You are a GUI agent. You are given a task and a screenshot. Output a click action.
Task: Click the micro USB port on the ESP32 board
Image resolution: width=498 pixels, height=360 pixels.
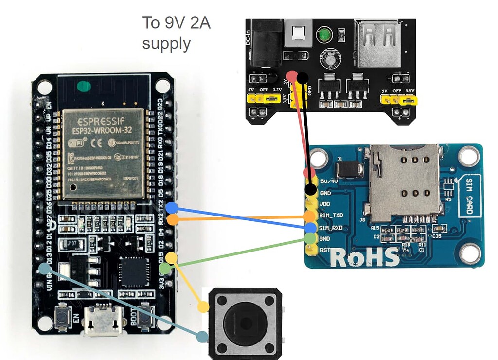(103, 321)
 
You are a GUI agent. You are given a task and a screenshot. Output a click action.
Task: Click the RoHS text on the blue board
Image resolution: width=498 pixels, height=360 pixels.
(365, 256)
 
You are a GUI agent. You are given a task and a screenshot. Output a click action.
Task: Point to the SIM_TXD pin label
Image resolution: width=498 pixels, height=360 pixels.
(332, 215)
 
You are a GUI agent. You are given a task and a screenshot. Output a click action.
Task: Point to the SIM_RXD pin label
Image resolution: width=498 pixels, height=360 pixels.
(332, 228)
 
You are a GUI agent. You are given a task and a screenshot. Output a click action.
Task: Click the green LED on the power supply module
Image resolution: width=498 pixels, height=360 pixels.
(324, 36)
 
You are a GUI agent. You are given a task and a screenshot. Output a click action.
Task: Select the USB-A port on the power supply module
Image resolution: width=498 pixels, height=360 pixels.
(378, 44)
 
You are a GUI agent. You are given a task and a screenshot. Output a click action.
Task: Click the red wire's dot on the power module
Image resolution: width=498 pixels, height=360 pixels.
(292, 76)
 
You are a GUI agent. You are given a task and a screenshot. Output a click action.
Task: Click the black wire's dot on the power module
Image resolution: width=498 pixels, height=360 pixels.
(302, 77)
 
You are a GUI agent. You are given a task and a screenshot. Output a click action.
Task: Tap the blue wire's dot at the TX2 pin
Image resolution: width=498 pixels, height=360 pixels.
(171, 208)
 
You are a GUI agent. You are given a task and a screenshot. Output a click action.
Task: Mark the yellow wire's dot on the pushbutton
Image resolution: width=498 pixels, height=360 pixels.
(203, 307)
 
